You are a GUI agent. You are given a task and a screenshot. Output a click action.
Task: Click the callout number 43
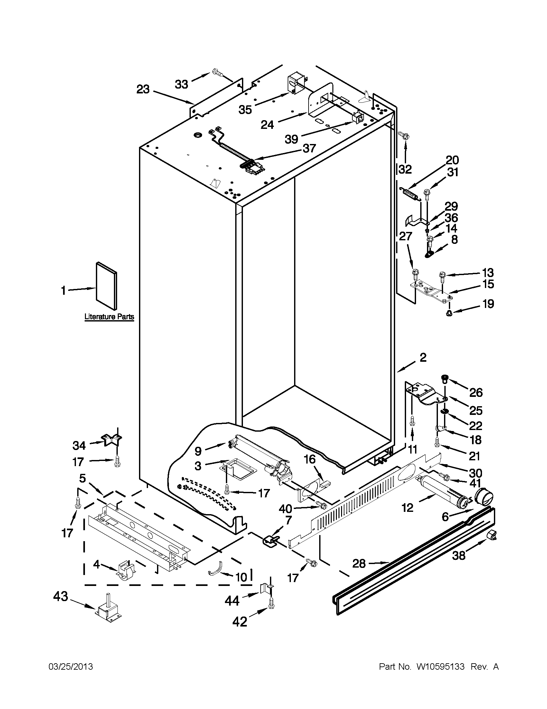coord(60,596)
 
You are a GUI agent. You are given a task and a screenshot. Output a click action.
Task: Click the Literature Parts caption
coord(109,317)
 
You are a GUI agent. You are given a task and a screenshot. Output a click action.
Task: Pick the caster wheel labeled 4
coord(125,570)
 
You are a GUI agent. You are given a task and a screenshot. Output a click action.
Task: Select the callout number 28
coord(359,564)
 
